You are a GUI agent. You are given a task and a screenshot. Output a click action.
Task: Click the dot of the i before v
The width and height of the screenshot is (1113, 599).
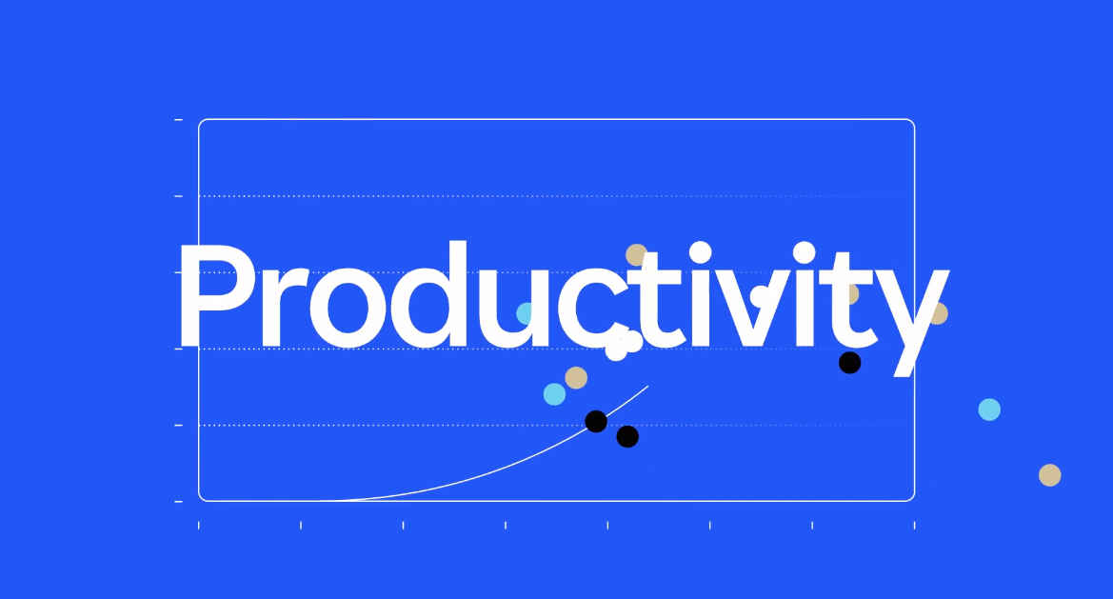pos(700,252)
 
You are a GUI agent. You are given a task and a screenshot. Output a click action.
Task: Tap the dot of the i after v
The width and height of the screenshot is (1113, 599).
pos(805,252)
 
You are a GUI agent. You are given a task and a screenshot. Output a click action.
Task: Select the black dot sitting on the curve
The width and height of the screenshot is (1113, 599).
pos(596,422)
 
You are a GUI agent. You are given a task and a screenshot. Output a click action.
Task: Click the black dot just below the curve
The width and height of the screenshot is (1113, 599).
pos(627,436)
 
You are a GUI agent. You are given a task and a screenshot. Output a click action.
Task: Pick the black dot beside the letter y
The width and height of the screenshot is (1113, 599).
pos(849,363)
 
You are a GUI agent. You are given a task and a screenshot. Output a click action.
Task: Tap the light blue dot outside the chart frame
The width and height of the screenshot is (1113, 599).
pos(989,409)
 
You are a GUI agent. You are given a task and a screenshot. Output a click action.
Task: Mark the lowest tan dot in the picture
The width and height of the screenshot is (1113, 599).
pos(1050,475)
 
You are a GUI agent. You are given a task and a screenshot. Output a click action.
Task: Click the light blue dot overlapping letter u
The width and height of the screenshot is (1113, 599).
pos(524,313)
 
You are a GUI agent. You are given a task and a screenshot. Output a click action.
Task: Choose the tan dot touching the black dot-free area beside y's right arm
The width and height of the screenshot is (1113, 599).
pos(940,313)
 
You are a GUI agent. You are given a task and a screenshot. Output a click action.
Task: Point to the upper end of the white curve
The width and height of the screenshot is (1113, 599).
pos(648,386)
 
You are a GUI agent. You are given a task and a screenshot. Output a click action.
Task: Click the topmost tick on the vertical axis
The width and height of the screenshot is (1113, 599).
pos(178,120)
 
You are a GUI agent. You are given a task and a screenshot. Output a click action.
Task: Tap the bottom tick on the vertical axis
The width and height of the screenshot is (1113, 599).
pos(178,502)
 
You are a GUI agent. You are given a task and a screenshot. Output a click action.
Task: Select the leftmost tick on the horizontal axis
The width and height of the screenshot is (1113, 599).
pos(199,525)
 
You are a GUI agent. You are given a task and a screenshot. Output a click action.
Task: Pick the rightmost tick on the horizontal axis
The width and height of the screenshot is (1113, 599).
pos(914,525)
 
